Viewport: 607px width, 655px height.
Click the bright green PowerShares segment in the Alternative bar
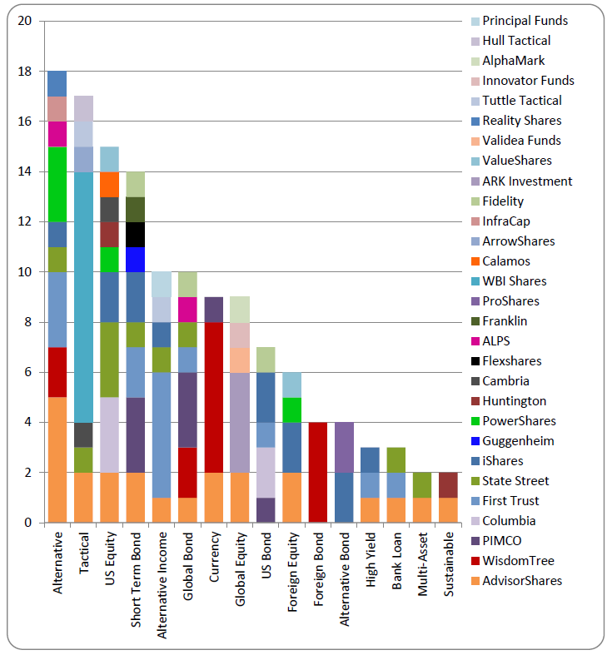[x=57, y=184]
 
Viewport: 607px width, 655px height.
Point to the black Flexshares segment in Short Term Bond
[x=136, y=235]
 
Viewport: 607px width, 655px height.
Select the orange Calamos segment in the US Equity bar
[x=110, y=184]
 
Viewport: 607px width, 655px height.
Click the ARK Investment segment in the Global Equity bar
[x=240, y=422]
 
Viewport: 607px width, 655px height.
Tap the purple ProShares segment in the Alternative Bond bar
[x=344, y=447]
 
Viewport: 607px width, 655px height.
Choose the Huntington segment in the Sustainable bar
[x=448, y=484]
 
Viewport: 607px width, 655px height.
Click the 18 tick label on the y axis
[x=26, y=72]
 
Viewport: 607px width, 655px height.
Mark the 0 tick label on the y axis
[x=29, y=523]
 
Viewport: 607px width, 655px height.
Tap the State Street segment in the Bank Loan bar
[x=396, y=459]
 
